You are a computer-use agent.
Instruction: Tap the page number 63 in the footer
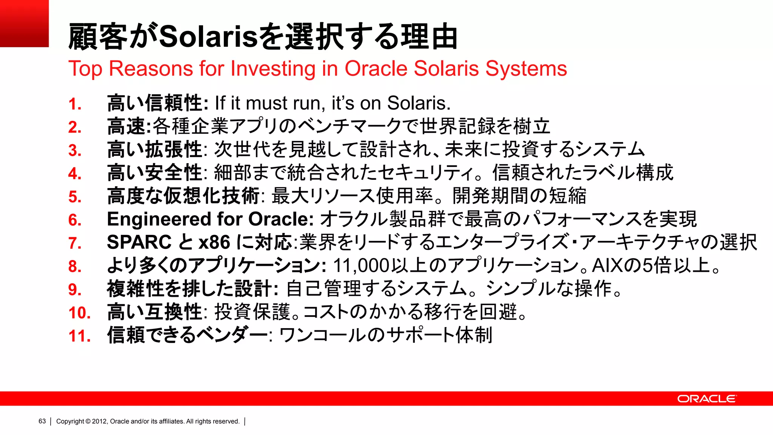(42, 421)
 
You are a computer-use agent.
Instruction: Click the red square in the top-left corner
(24, 23)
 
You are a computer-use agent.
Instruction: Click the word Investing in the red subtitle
(273, 69)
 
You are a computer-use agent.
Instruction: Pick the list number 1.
(75, 104)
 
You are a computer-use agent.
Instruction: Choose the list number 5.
(75, 197)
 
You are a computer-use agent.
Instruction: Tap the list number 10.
(79, 313)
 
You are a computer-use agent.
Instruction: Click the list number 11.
(79, 336)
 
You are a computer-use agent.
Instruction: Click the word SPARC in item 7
(139, 242)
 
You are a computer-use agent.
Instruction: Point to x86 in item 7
(214, 242)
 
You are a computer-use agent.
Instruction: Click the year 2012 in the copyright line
(99, 421)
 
